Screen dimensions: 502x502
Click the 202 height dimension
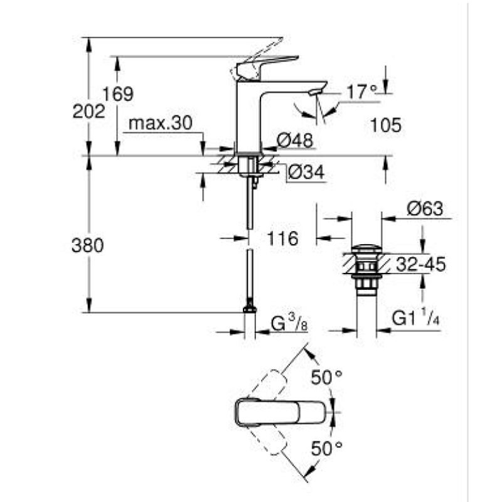(x=88, y=112)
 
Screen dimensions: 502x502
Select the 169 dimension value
(x=119, y=94)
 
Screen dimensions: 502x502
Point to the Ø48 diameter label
(x=296, y=142)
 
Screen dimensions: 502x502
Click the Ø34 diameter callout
(x=307, y=173)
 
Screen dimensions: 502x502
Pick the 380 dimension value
(x=88, y=245)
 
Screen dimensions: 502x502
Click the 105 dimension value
(x=385, y=125)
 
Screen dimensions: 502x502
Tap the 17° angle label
(x=363, y=92)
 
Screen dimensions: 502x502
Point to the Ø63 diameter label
(x=425, y=209)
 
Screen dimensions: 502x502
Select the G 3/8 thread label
(x=289, y=325)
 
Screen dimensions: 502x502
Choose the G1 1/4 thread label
(x=415, y=319)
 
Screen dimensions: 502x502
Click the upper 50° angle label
(x=328, y=378)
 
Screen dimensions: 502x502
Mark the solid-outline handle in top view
(x=282, y=412)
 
